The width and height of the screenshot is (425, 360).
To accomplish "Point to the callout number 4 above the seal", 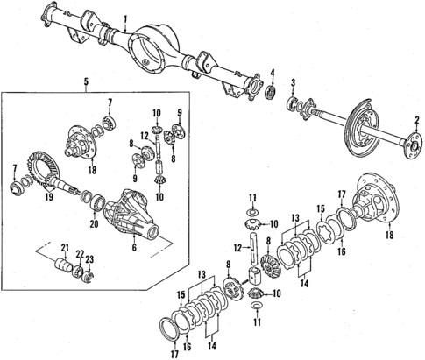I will coord(273,72).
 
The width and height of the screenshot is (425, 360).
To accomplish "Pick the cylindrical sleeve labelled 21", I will coord(64,266).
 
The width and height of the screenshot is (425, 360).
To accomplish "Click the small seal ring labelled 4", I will coord(273,89).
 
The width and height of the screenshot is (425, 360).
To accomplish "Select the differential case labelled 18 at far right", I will coord(384,210).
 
